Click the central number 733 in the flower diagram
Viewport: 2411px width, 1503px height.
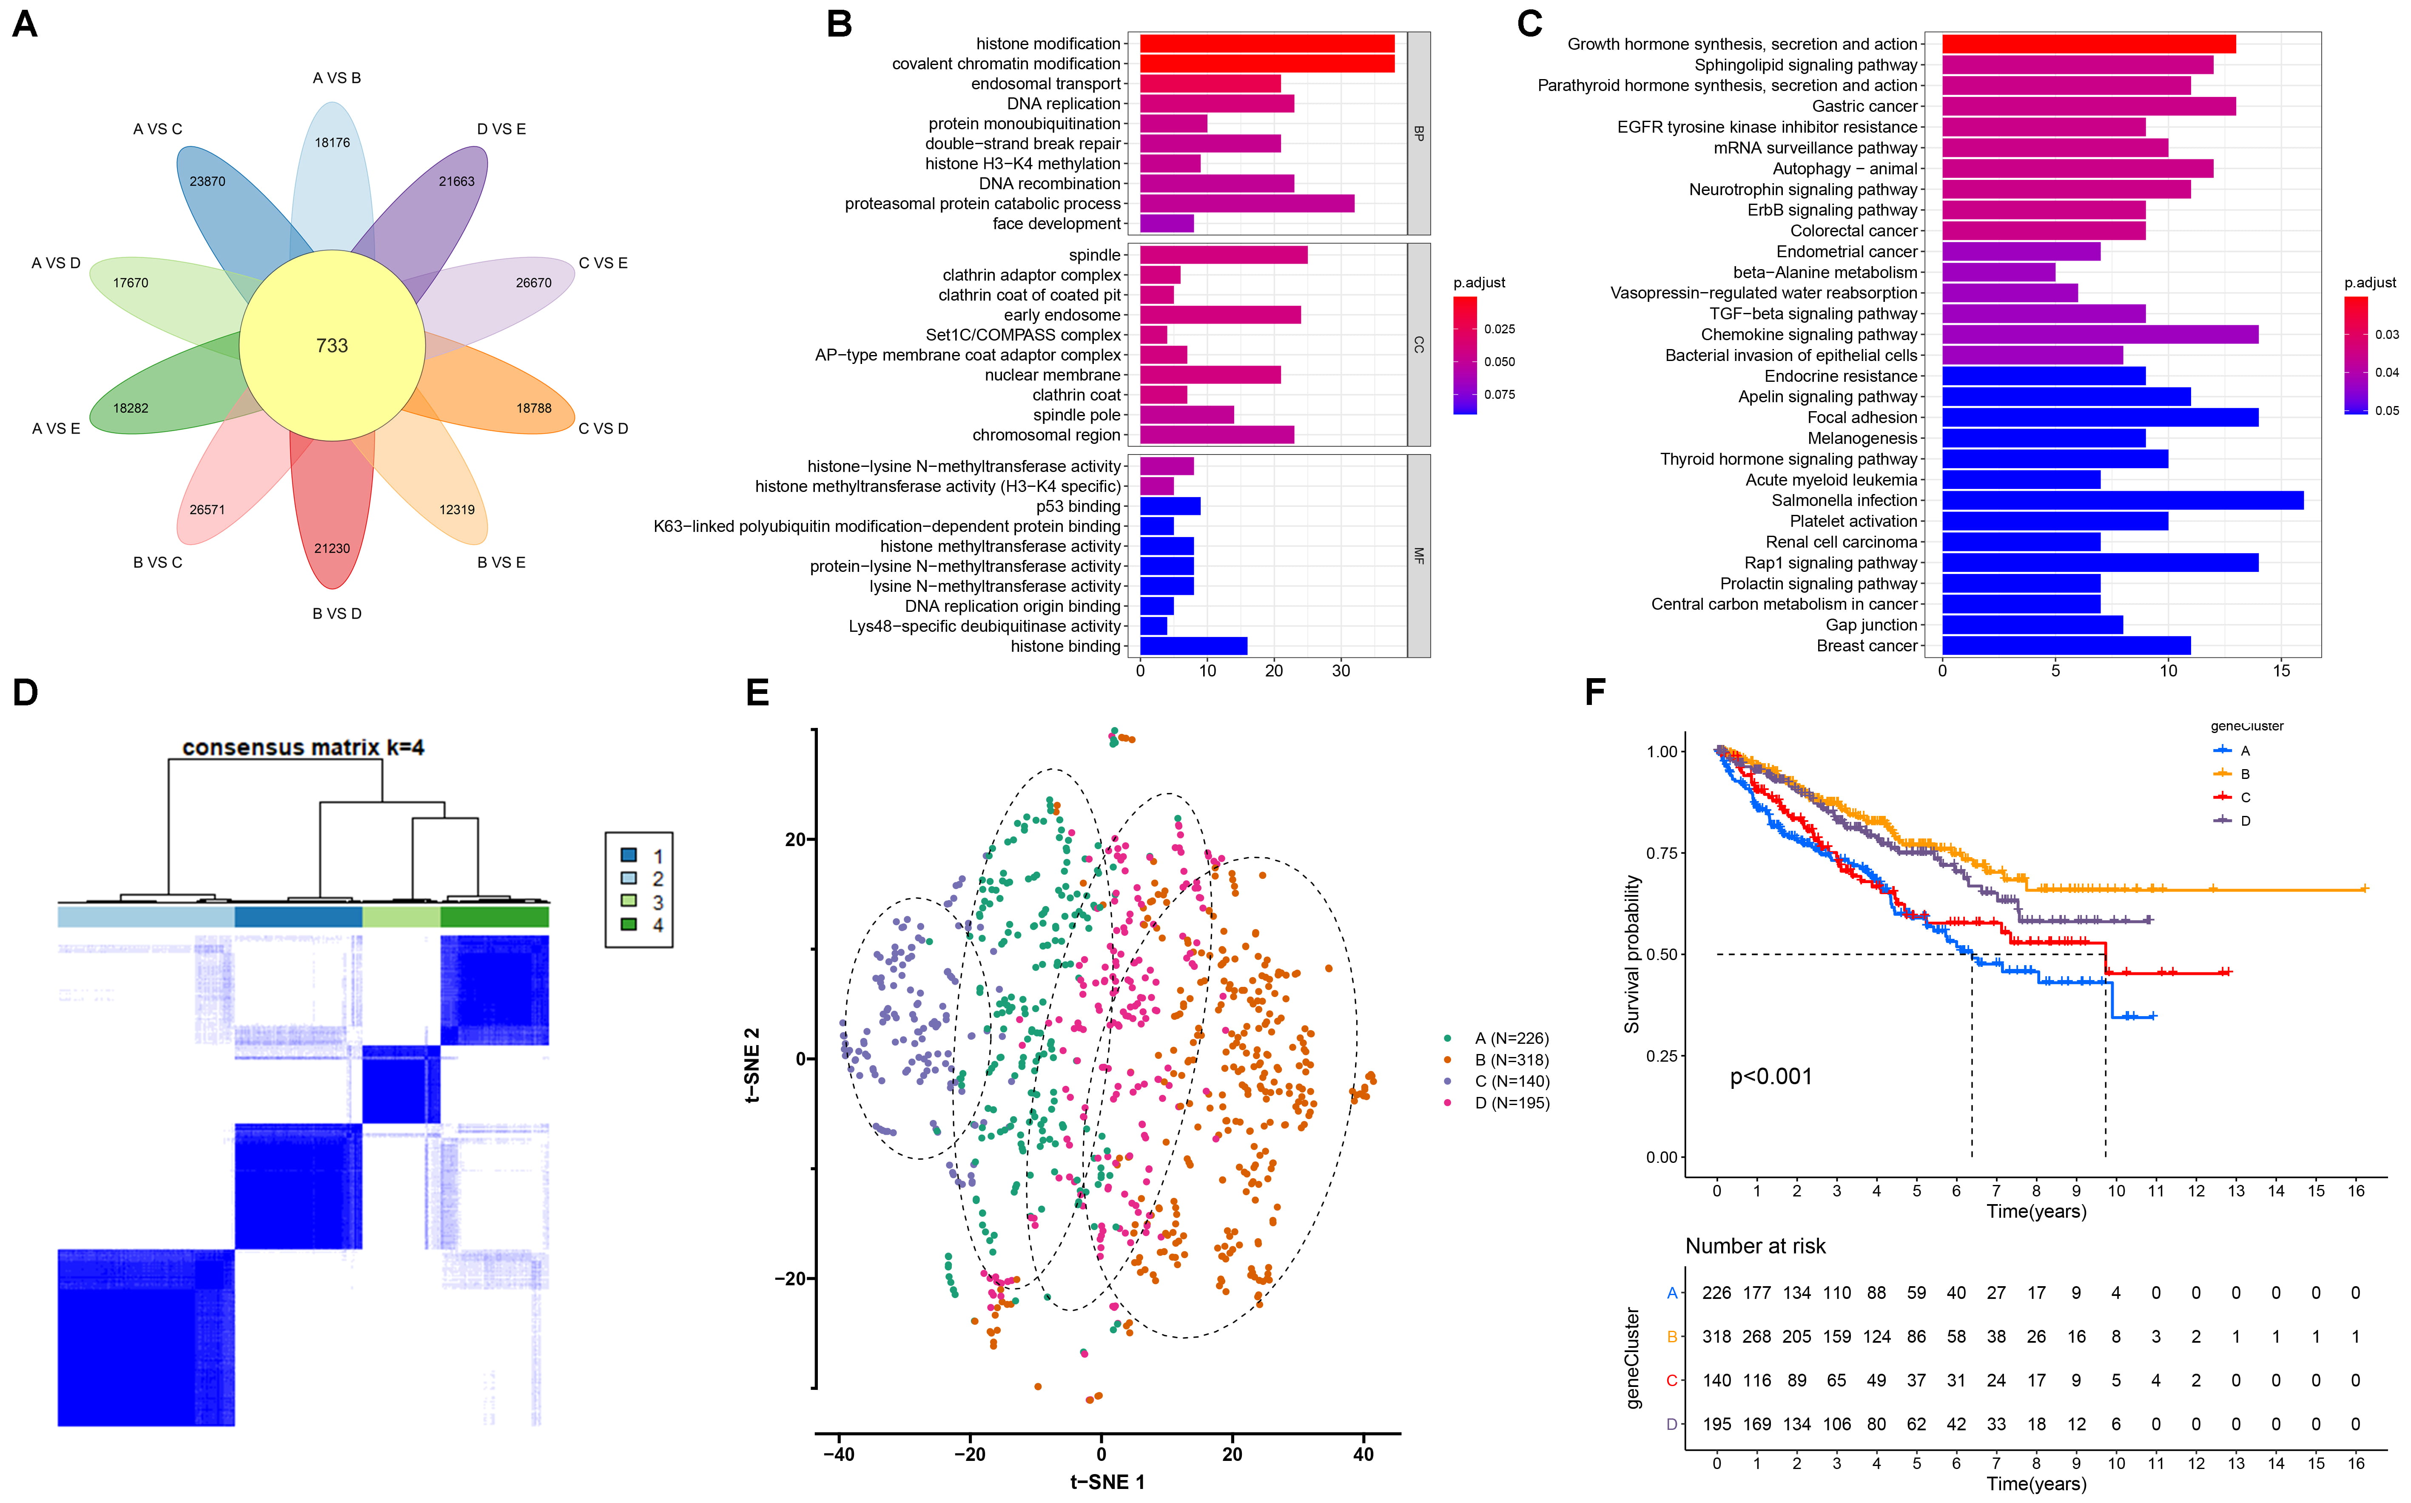pyautogui.click(x=332, y=346)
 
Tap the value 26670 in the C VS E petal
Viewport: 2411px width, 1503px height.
pyautogui.click(x=534, y=283)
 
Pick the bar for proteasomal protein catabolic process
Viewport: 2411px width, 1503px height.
pyautogui.click(x=1247, y=204)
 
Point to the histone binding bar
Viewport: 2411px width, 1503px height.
pyautogui.click(x=1193, y=646)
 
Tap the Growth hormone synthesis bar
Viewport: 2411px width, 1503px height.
pyautogui.click(x=2088, y=44)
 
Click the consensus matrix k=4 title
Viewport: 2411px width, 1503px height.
pyautogui.click(x=303, y=747)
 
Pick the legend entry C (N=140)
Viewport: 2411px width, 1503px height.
pyautogui.click(x=1511, y=1082)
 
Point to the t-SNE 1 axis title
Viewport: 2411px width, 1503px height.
pyautogui.click(x=1107, y=1482)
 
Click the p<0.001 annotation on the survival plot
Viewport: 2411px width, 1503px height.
pyautogui.click(x=1771, y=1077)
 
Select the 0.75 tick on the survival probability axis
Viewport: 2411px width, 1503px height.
pyautogui.click(x=1662, y=853)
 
